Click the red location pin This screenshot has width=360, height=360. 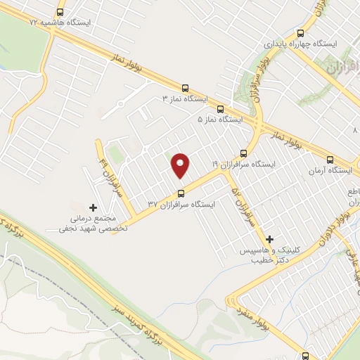point(181,165)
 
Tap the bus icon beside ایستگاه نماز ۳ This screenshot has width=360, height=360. point(185,89)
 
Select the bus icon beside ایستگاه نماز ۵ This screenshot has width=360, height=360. point(220,109)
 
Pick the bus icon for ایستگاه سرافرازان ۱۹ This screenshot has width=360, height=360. point(244,153)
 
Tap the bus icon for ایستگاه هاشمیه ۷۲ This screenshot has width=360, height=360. point(59,12)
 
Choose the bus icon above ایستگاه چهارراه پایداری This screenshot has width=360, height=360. point(301,33)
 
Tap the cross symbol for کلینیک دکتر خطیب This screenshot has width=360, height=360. point(269,240)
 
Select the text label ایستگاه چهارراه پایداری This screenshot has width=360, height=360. point(301,44)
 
